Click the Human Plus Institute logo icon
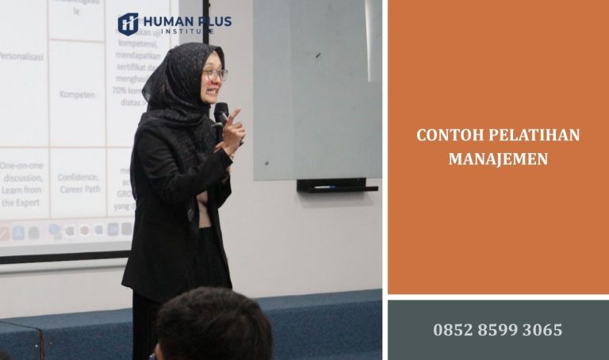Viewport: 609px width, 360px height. pyautogui.click(x=128, y=24)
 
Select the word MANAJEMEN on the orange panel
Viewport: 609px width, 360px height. pyautogui.click(x=498, y=159)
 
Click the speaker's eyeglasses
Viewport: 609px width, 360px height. pyautogui.click(x=214, y=74)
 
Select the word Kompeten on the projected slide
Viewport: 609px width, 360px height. pyautogui.click(x=77, y=94)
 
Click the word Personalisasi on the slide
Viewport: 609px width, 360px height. pyautogui.click(x=21, y=57)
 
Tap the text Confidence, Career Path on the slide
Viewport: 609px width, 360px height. pyautogui.click(x=78, y=184)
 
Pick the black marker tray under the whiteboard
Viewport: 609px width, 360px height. pyautogui.click(x=337, y=186)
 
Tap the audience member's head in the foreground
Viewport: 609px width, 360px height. pyautogui.click(x=213, y=325)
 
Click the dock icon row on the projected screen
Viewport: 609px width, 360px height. pyautogui.click(x=63, y=231)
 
